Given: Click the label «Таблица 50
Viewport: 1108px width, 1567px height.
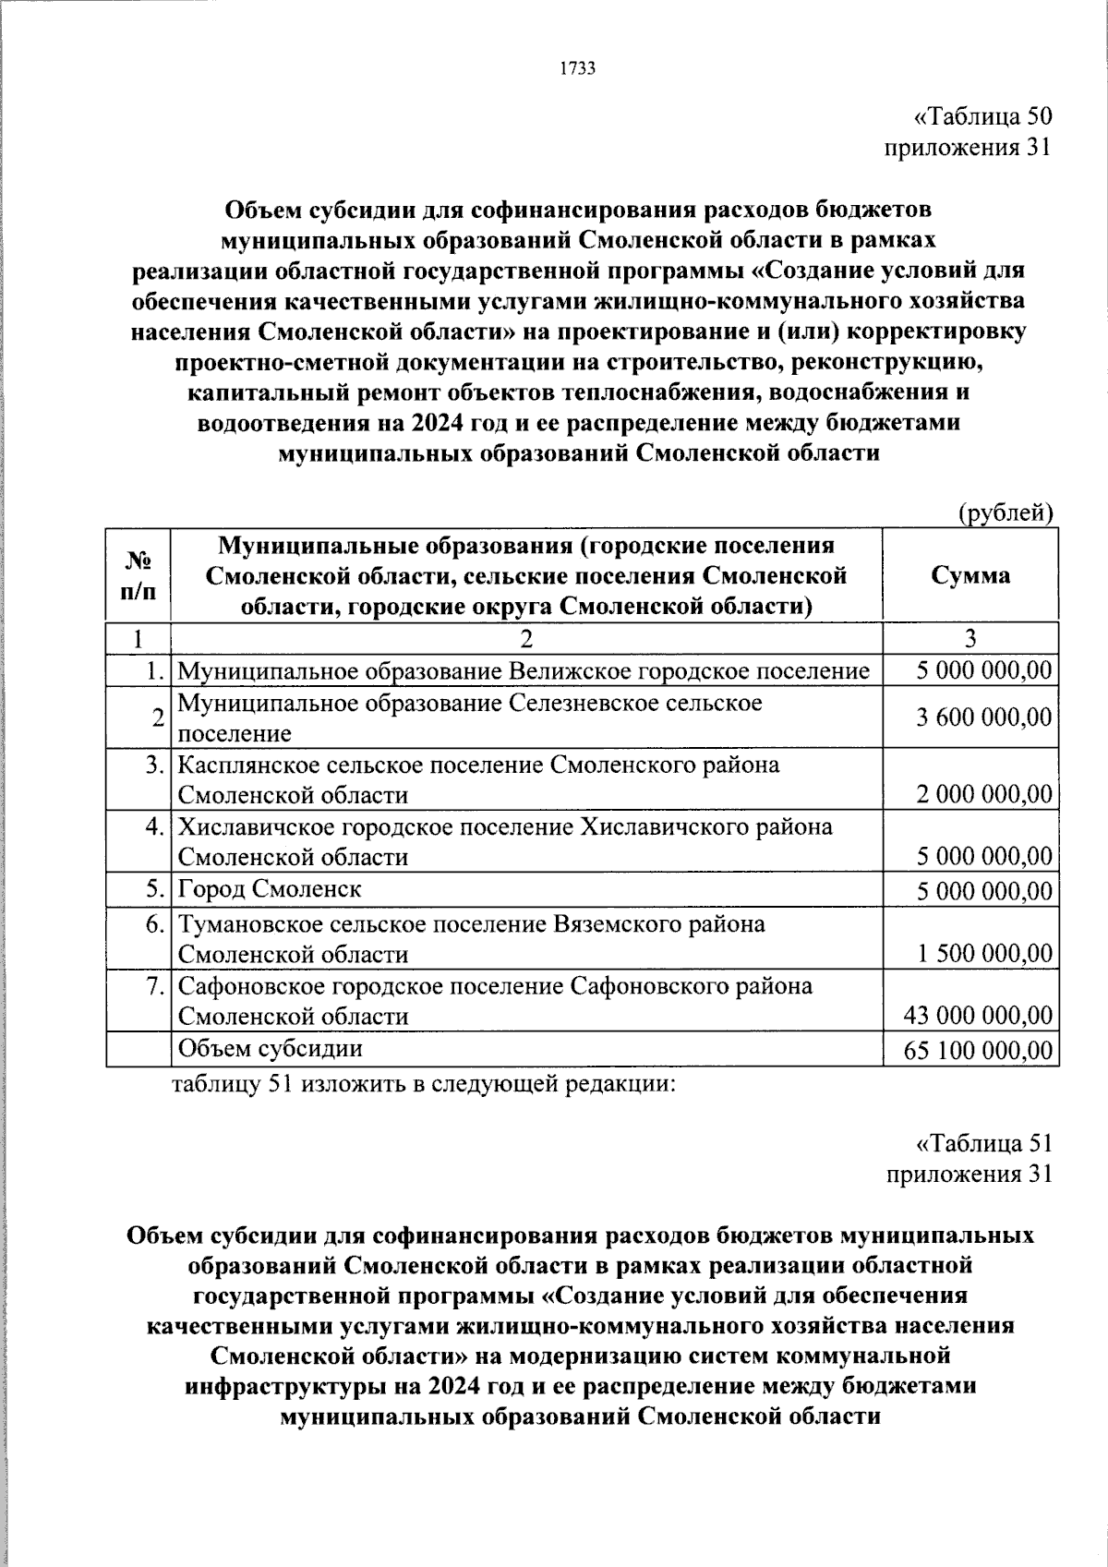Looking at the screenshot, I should tap(982, 117).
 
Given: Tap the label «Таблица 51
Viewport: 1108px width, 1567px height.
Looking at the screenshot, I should tap(982, 1143).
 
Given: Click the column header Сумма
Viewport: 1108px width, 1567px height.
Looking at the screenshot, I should tap(969, 575).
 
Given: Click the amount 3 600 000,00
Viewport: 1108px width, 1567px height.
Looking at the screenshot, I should tap(983, 717).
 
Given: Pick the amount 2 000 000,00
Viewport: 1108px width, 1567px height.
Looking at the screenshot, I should tap(983, 794).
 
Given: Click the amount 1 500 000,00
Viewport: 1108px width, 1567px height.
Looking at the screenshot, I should tap(983, 954).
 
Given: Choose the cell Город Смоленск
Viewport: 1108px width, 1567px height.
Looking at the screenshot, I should tap(270, 889).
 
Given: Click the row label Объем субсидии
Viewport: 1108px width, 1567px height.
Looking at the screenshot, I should tap(270, 1048).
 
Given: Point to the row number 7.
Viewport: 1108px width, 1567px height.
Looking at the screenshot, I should tap(157, 986).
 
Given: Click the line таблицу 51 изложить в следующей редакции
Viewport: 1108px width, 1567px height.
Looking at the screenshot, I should tap(425, 1084).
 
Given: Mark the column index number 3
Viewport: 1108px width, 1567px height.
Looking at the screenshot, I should tap(969, 639).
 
